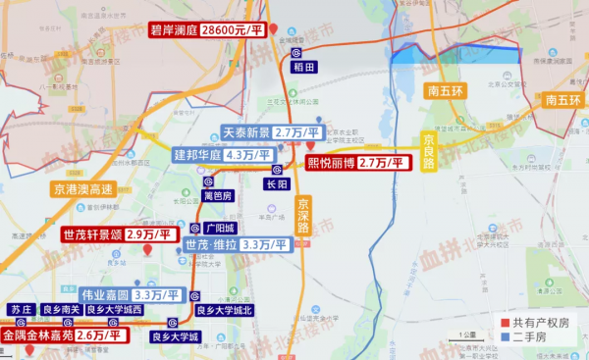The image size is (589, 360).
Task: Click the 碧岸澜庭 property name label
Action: (x=173, y=30)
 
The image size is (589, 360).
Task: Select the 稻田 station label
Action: (x=303, y=68)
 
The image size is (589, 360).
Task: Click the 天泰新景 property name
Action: (x=244, y=132)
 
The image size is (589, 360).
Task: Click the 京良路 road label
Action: (x=429, y=151)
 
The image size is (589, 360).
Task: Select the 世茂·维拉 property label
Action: (x=209, y=244)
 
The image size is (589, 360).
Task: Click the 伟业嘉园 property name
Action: (x=105, y=294)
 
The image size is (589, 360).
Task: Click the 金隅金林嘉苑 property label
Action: (x=36, y=335)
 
